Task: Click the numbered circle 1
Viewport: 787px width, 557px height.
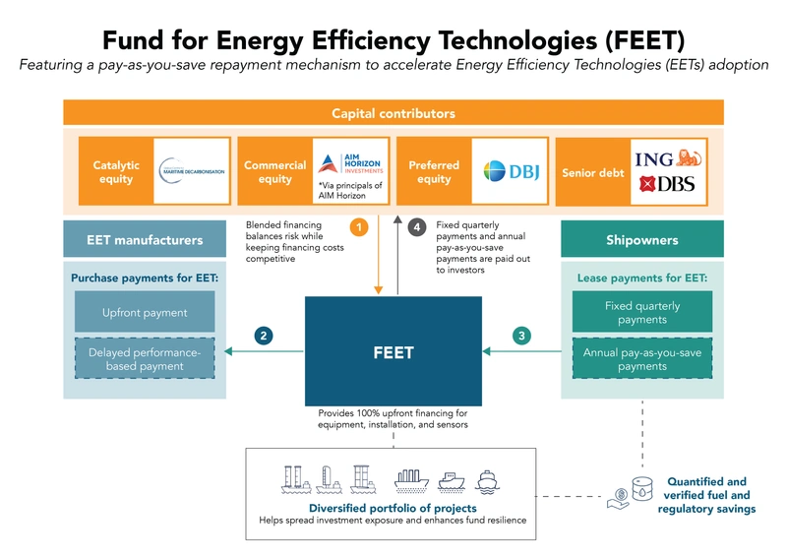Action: click(360, 228)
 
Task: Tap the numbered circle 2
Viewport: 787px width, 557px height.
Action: click(264, 336)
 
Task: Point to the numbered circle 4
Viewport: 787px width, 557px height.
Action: click(417, 228)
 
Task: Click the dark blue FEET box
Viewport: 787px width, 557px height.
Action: click(393, 351)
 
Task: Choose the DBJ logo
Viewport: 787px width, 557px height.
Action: click(509, 171)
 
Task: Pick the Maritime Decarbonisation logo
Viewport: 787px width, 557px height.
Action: click(191, 170)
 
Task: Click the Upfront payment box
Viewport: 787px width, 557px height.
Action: click(144, 312)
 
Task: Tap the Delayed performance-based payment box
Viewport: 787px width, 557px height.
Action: click(144, 358)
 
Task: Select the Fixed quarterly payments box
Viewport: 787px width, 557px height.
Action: click(641, 312)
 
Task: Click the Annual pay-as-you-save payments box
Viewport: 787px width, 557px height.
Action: click(641, 358)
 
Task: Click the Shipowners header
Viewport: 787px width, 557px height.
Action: click(641, 239)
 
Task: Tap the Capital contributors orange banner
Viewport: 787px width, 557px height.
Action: click(393, 113)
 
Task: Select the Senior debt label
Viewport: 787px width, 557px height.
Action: click(592, 172)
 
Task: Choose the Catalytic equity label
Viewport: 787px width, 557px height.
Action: click(116, 172)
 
